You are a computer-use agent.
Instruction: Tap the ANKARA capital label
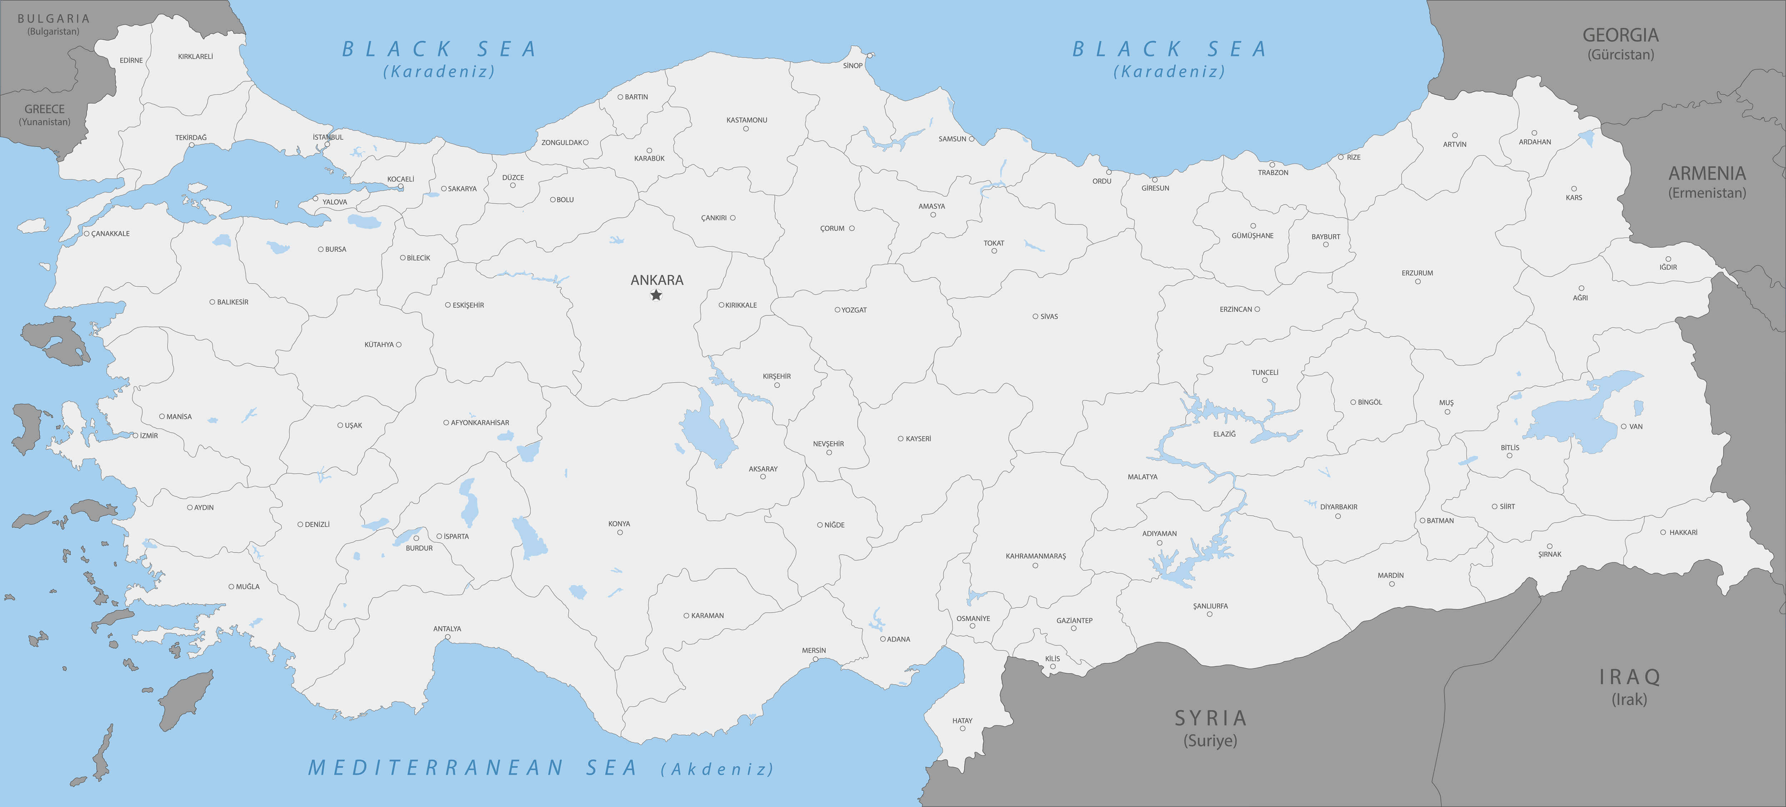pos(657,280)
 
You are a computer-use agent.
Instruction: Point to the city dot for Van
pos(1623,426)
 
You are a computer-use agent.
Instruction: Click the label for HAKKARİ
pos(1683,532)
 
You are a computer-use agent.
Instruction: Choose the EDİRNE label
pos(131,60)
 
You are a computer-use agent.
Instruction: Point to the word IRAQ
pos(1629,676)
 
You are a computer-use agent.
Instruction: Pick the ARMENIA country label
pos(1707,173)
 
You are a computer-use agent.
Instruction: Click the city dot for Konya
pos(620,532)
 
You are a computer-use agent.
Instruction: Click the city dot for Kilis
pos(1052,667)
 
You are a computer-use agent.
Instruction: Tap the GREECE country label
pos(44,109)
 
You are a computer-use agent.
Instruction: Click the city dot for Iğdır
pos(1668,259)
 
